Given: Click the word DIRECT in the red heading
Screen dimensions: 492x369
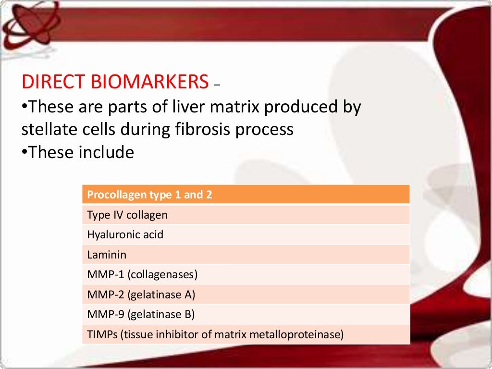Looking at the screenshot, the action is tap(53, 82).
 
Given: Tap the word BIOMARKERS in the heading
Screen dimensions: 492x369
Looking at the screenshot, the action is tap(150, 82).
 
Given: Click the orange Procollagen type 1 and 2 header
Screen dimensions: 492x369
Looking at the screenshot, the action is tap(246, 195).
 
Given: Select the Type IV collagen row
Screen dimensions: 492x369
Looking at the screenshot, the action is tap(246, 215).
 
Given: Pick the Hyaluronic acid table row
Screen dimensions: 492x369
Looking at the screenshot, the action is tap(246, 234).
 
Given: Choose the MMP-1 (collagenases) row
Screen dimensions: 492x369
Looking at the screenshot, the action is tap(246, 274).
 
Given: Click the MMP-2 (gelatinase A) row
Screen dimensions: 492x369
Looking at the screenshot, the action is tap(246, 295).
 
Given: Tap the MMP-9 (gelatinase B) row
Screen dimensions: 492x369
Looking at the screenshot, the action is tap(246, 314).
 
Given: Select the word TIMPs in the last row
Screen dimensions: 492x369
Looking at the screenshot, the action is tap(102, 334).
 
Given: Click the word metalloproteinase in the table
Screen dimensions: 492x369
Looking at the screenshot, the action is tap(296, 334).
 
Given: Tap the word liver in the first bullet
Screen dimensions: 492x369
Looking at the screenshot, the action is tap(189, 106).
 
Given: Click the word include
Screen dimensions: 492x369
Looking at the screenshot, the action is tap(106, 152).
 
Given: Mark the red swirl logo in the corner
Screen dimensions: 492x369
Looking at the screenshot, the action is tap(31, 24).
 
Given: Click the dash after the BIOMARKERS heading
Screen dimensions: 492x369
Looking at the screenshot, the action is tap(217, 85).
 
